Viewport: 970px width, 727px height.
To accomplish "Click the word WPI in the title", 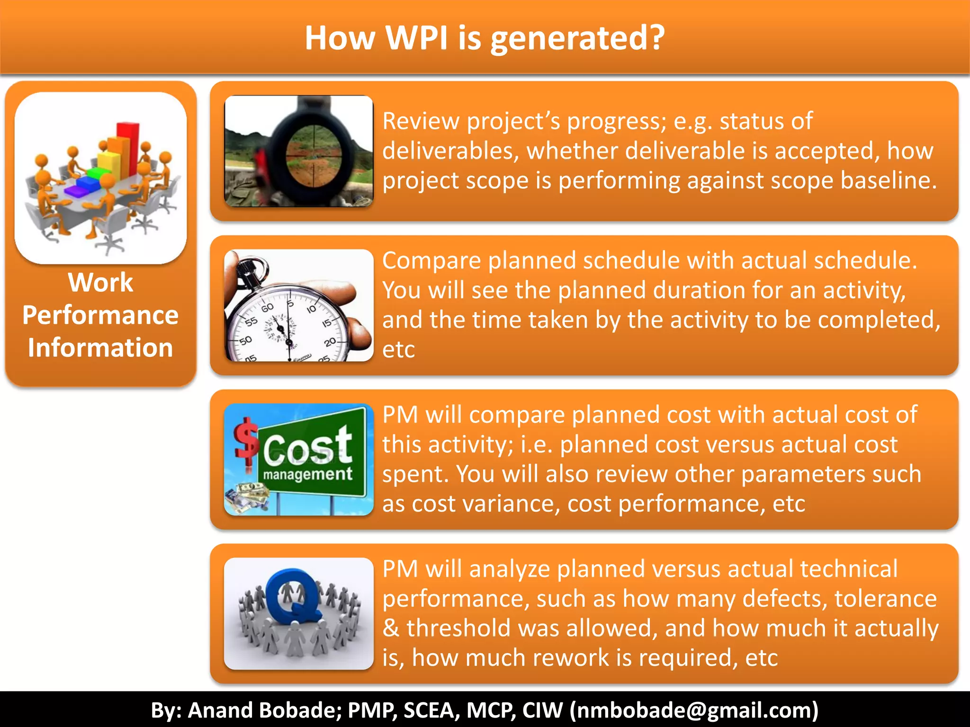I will point(416,38).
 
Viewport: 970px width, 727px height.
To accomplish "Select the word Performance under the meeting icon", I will point(100,316).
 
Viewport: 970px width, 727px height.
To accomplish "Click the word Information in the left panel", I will point(100,348).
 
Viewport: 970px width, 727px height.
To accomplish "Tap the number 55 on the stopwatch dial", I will point(251,322).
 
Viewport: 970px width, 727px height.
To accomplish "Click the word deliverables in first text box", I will point(447,151).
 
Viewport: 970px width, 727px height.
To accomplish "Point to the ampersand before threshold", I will point(391,629).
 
